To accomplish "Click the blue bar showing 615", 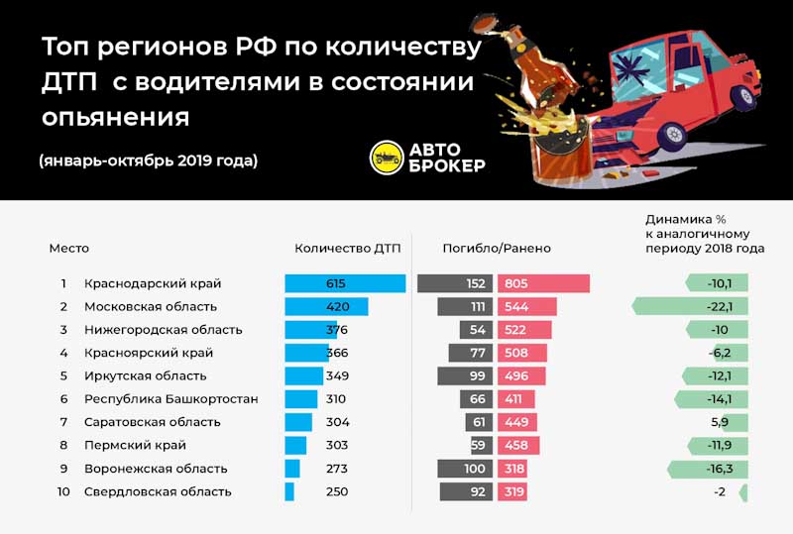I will [345, 283].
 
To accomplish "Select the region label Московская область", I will [150, 307].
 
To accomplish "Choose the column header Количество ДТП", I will [347, 248].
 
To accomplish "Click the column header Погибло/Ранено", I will [497, 248].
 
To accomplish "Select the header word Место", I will [69, 248].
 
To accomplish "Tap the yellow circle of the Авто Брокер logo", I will [386, 158].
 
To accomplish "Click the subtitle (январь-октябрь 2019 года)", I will [149, 160].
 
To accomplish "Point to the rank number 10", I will [63, 491].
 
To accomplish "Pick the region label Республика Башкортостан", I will [170, 399].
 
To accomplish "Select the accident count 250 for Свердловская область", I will [336, 491].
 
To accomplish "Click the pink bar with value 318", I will [513, 469].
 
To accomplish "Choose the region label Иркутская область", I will [145, 376].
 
